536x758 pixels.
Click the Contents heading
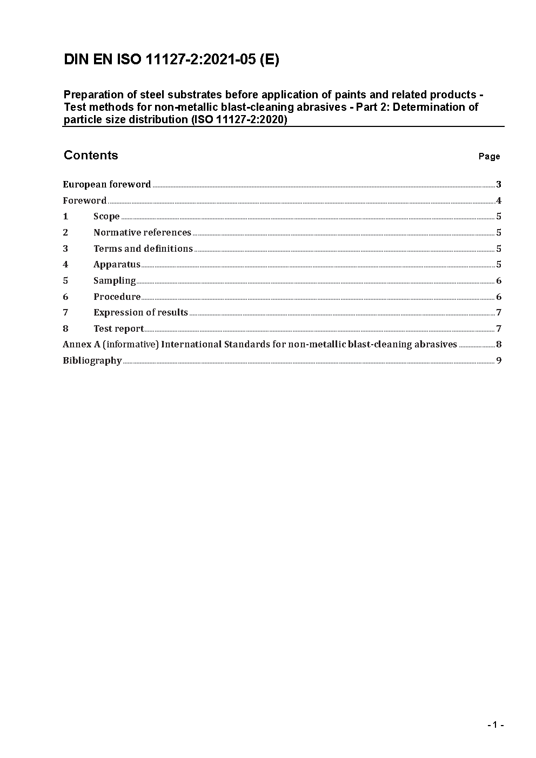tap(91, 156)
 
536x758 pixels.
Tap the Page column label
tap(489, 157)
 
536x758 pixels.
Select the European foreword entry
tap(107, 185)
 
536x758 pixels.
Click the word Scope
tap(106, 217)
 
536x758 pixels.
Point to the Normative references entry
tap(142, 233)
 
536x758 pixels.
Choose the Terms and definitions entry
tap(143, 249)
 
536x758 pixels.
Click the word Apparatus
tap(117, 265)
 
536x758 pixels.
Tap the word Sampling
tap(115, 281)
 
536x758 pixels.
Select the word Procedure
tap(117, 297)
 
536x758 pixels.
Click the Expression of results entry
tap(140, 313)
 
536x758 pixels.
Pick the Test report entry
tap(118, 329)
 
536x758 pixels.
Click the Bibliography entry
tap(92, 361)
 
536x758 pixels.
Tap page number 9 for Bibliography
tap(499, 361)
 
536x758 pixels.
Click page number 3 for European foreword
tap(499, 185)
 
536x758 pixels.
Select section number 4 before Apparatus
tap(65, 265)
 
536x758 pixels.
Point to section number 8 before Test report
tap(65, 329)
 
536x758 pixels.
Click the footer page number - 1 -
tap(495, 725)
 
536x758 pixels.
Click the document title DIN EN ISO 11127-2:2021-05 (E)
tap(171, 59)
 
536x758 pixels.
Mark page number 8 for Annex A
tap(499, 345)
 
